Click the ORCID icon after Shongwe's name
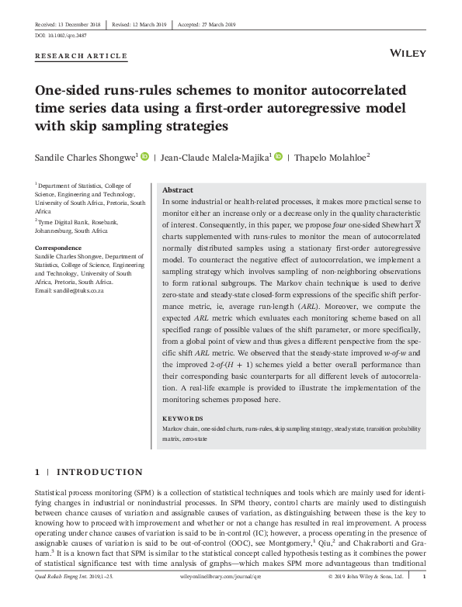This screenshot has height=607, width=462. pos(144,157)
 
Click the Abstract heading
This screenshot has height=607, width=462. pos(179,190)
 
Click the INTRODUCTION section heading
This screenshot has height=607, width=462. pos(101,472)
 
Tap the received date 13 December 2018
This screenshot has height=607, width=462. pos(75,23)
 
